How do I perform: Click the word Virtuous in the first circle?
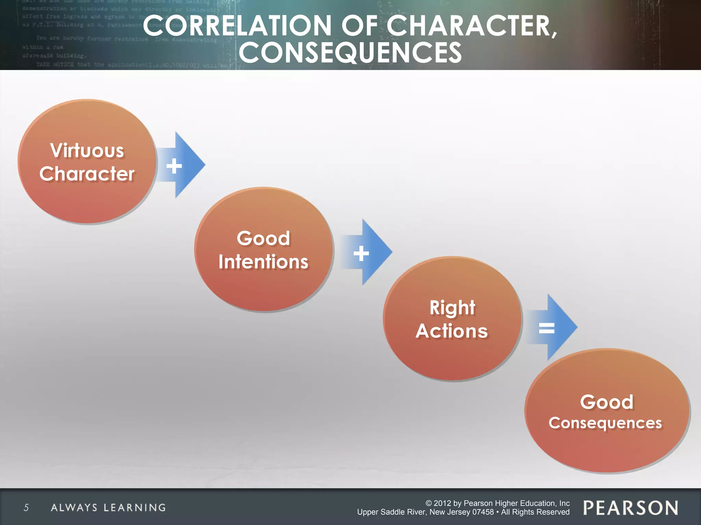tap(87, 151)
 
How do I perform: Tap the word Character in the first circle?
tap(87, 174)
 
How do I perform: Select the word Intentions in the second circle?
tap(263, 262)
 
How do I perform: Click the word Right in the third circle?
tap(452, 308)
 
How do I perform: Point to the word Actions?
tap(452, 331)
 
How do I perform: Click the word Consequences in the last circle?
tap(605, 423)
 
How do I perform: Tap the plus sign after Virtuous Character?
tap(174, 166)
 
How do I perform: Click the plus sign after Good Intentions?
tap(361, 254)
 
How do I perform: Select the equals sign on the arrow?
tap(547, 328)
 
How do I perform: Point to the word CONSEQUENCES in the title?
tap(350, 52)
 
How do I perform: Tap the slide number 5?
tap(26, 508)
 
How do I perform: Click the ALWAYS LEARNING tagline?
tap(108, 508)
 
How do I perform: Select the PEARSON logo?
tap(630, 508)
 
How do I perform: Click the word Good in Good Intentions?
tap(263, 238)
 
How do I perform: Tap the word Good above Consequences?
tap(607, 402)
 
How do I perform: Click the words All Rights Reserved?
tap(535, 512)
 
